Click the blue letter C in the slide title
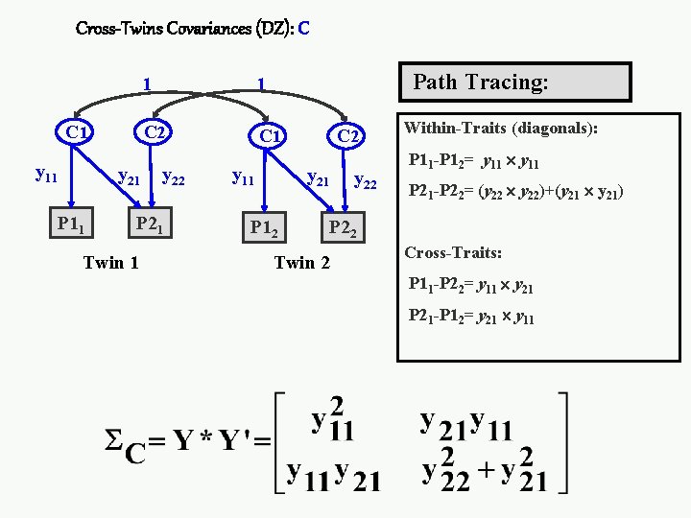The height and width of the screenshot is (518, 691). coord(303,28)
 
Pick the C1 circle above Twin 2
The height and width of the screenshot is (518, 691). coord(269,137)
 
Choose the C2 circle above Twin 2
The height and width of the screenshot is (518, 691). coord(347,137)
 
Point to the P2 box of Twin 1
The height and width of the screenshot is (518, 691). coord(149,224)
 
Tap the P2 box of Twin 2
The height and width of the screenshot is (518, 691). coord(343,228)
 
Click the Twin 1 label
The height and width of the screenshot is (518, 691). coord(111,262)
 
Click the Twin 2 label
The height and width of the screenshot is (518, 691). coord(302,262)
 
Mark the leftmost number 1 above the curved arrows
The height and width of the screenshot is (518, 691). coord(145,83)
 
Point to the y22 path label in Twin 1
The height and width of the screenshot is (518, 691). coord(175,177)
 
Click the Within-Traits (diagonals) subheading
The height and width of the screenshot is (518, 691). coord(500,128)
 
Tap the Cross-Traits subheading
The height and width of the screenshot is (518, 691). coord(453,253)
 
